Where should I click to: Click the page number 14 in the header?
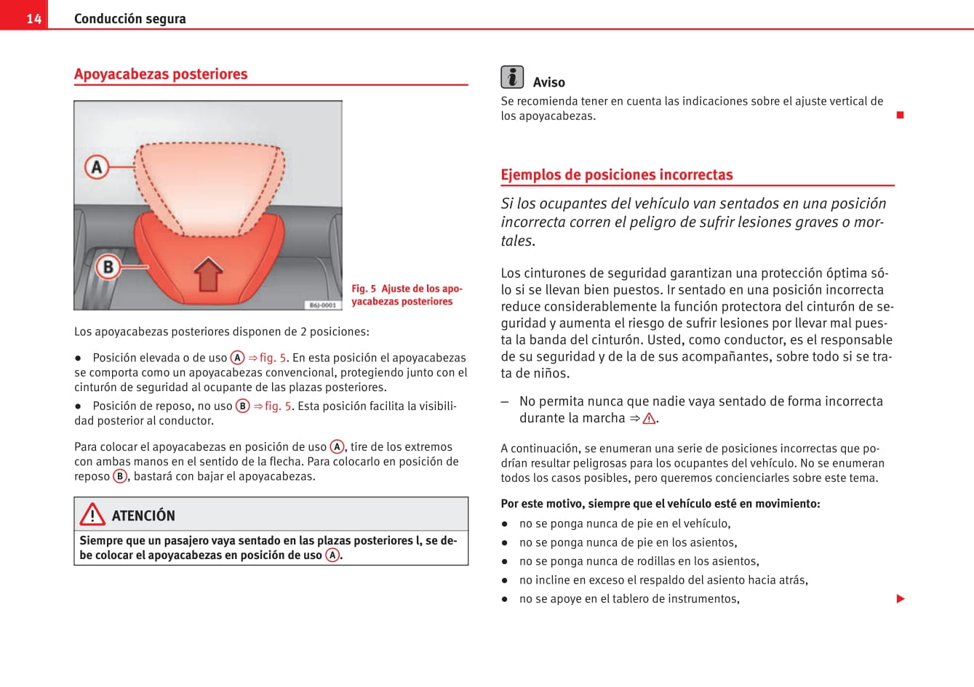click(33, 18)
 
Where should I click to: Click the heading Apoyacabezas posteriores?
click(161, 74)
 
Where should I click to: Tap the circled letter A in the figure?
click(97, 167)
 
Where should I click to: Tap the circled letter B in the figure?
click(108, 267)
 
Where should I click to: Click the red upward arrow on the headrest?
click(209, 274)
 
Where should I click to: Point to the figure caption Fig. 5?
click(406, 294)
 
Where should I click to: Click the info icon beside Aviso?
click(512, 77)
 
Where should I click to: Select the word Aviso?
click(548, 82)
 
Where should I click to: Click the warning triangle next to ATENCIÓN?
click(92, 515)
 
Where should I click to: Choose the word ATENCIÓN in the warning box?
click(143, 515)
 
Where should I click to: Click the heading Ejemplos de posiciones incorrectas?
click(616, 174)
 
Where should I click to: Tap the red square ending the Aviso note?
click(900, 115)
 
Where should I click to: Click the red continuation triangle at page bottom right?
click(901, 599)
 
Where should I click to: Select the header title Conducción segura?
click(129, 18)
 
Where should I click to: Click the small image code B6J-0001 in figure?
click(323, 305)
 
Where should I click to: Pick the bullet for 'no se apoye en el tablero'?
click(504, 599)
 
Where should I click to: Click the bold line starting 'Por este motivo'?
click(660, 503)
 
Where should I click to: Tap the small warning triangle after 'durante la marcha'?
click(649, 419)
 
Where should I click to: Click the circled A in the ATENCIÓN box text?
click(332, 555)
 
